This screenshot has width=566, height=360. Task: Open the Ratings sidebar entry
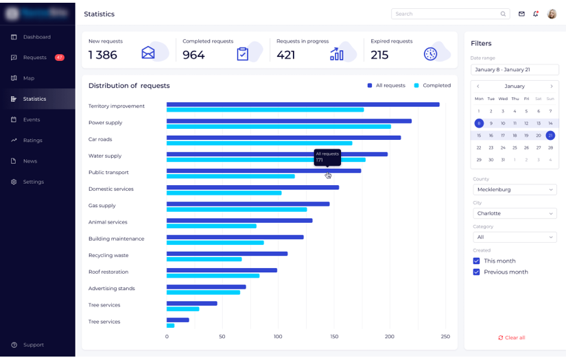point(32,140)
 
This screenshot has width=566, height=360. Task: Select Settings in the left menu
point(33,182)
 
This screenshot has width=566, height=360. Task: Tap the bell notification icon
point(536,14)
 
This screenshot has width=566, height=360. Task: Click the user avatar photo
point(552,14)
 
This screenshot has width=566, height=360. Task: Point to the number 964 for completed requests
point(193,56)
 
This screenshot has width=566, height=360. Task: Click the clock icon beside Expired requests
point(431,54)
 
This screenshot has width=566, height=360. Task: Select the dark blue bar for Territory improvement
point(303,104)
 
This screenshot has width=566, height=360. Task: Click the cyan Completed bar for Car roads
point(259,143)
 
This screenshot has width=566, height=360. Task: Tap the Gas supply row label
point(102,206)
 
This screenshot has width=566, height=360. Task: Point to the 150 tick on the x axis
point(334,337)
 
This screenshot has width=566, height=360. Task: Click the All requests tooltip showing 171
point(327,157)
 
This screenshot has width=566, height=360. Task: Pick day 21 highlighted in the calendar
point(550,136)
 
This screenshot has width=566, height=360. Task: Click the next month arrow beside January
point(552,86)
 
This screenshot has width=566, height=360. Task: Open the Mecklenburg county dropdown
point(515,190)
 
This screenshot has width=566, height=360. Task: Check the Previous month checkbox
point(477,272)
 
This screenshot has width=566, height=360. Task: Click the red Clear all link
point(512,338)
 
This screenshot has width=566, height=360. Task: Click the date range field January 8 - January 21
point(515,70)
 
